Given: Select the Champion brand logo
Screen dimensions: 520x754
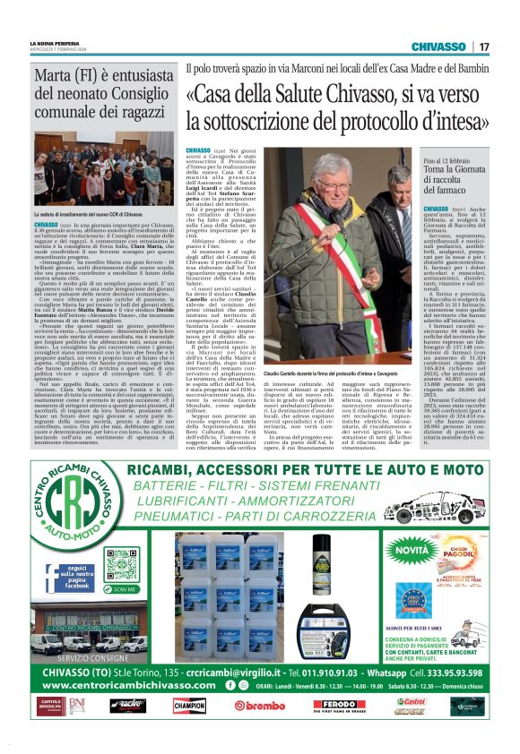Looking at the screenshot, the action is click(x=190, y=706).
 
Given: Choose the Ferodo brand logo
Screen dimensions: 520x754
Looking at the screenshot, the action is click(x=339, y=706).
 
